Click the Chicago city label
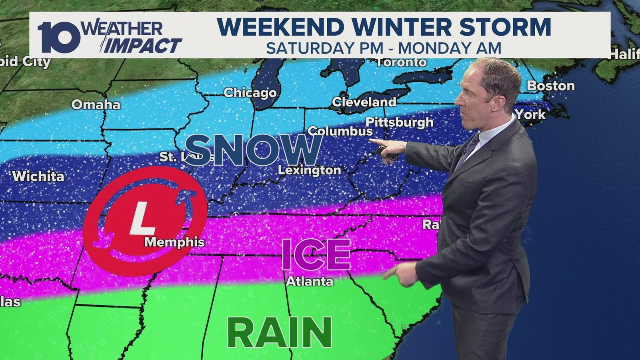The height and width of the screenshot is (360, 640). click(x=250, y=92)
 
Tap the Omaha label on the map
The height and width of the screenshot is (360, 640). click(x=96, y=104)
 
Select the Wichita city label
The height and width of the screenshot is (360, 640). click(x=38, y=176)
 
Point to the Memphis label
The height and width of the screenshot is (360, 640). click(x=174, y=242)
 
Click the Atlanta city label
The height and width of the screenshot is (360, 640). click(x=310, y=281)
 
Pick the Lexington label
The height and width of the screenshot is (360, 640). click(x=309, y=170)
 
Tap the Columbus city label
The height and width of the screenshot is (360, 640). click(x=340, y=131)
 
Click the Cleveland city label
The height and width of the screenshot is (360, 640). click(x=364, y=102)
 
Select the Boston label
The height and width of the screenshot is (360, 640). click(x=550, y=86)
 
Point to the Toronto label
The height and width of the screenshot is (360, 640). click(x=402, y=62)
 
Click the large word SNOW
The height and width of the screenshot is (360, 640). click(x=255, y=150)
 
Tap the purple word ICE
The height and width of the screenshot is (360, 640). click(x=316, y=255)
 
